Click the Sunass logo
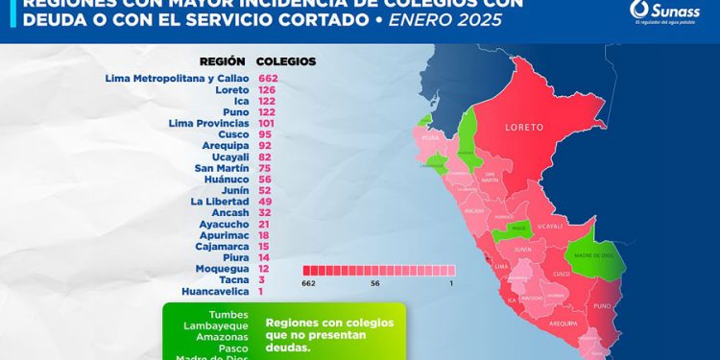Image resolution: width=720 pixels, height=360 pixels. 661,14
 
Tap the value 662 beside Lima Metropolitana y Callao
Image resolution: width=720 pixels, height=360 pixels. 267,78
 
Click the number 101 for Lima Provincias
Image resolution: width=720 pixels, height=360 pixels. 267,123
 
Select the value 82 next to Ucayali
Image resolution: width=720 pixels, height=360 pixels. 264,156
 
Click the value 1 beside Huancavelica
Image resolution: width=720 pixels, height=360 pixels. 260,291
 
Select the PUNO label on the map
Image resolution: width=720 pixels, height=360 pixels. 602,306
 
